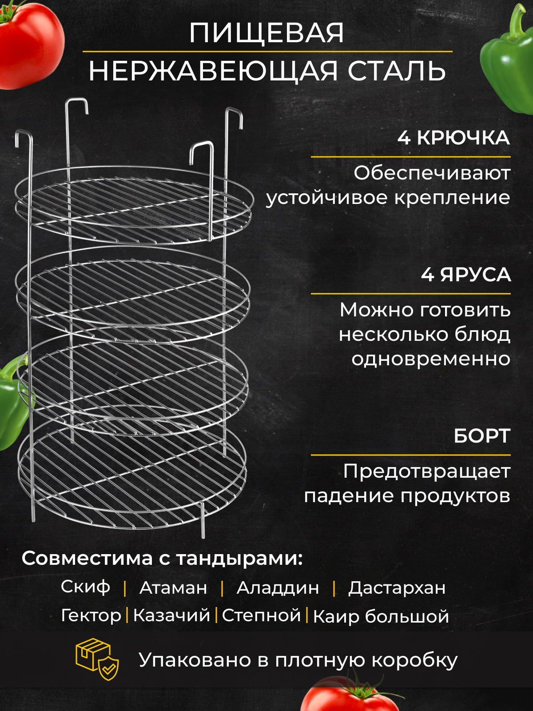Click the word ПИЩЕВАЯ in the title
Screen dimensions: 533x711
(266, 33)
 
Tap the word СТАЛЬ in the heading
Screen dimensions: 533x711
(396, 71)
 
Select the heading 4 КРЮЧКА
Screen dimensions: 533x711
(453, 138)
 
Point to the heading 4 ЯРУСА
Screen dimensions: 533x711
(466, 275)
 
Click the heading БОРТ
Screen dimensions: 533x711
(482, 436)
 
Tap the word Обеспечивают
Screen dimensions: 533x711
(432, 173)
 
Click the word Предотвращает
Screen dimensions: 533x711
(427, 471)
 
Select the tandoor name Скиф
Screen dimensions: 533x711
(85, 587)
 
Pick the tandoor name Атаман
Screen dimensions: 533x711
(173, 588)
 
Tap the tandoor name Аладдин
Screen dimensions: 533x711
(278, 588)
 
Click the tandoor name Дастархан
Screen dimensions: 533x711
(397, 588)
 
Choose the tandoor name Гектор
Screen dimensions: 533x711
(91, 615)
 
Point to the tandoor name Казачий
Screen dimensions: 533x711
(171, 615)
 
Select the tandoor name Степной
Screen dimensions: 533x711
(261, 615)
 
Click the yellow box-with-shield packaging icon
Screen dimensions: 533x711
(97, 659)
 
